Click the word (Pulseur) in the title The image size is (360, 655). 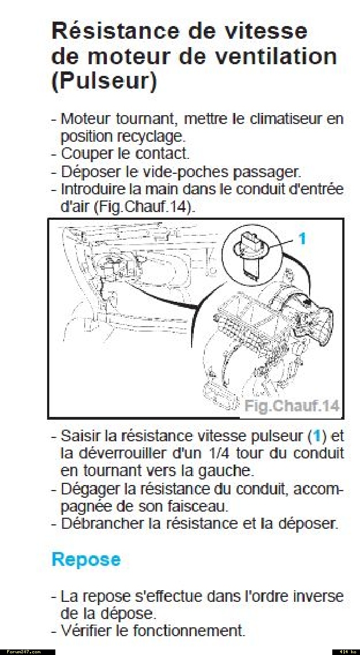(104, 81)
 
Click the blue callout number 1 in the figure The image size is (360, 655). (302, 239)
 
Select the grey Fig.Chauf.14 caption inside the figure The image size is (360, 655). (291, 406)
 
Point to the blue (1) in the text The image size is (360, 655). (317, 436)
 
